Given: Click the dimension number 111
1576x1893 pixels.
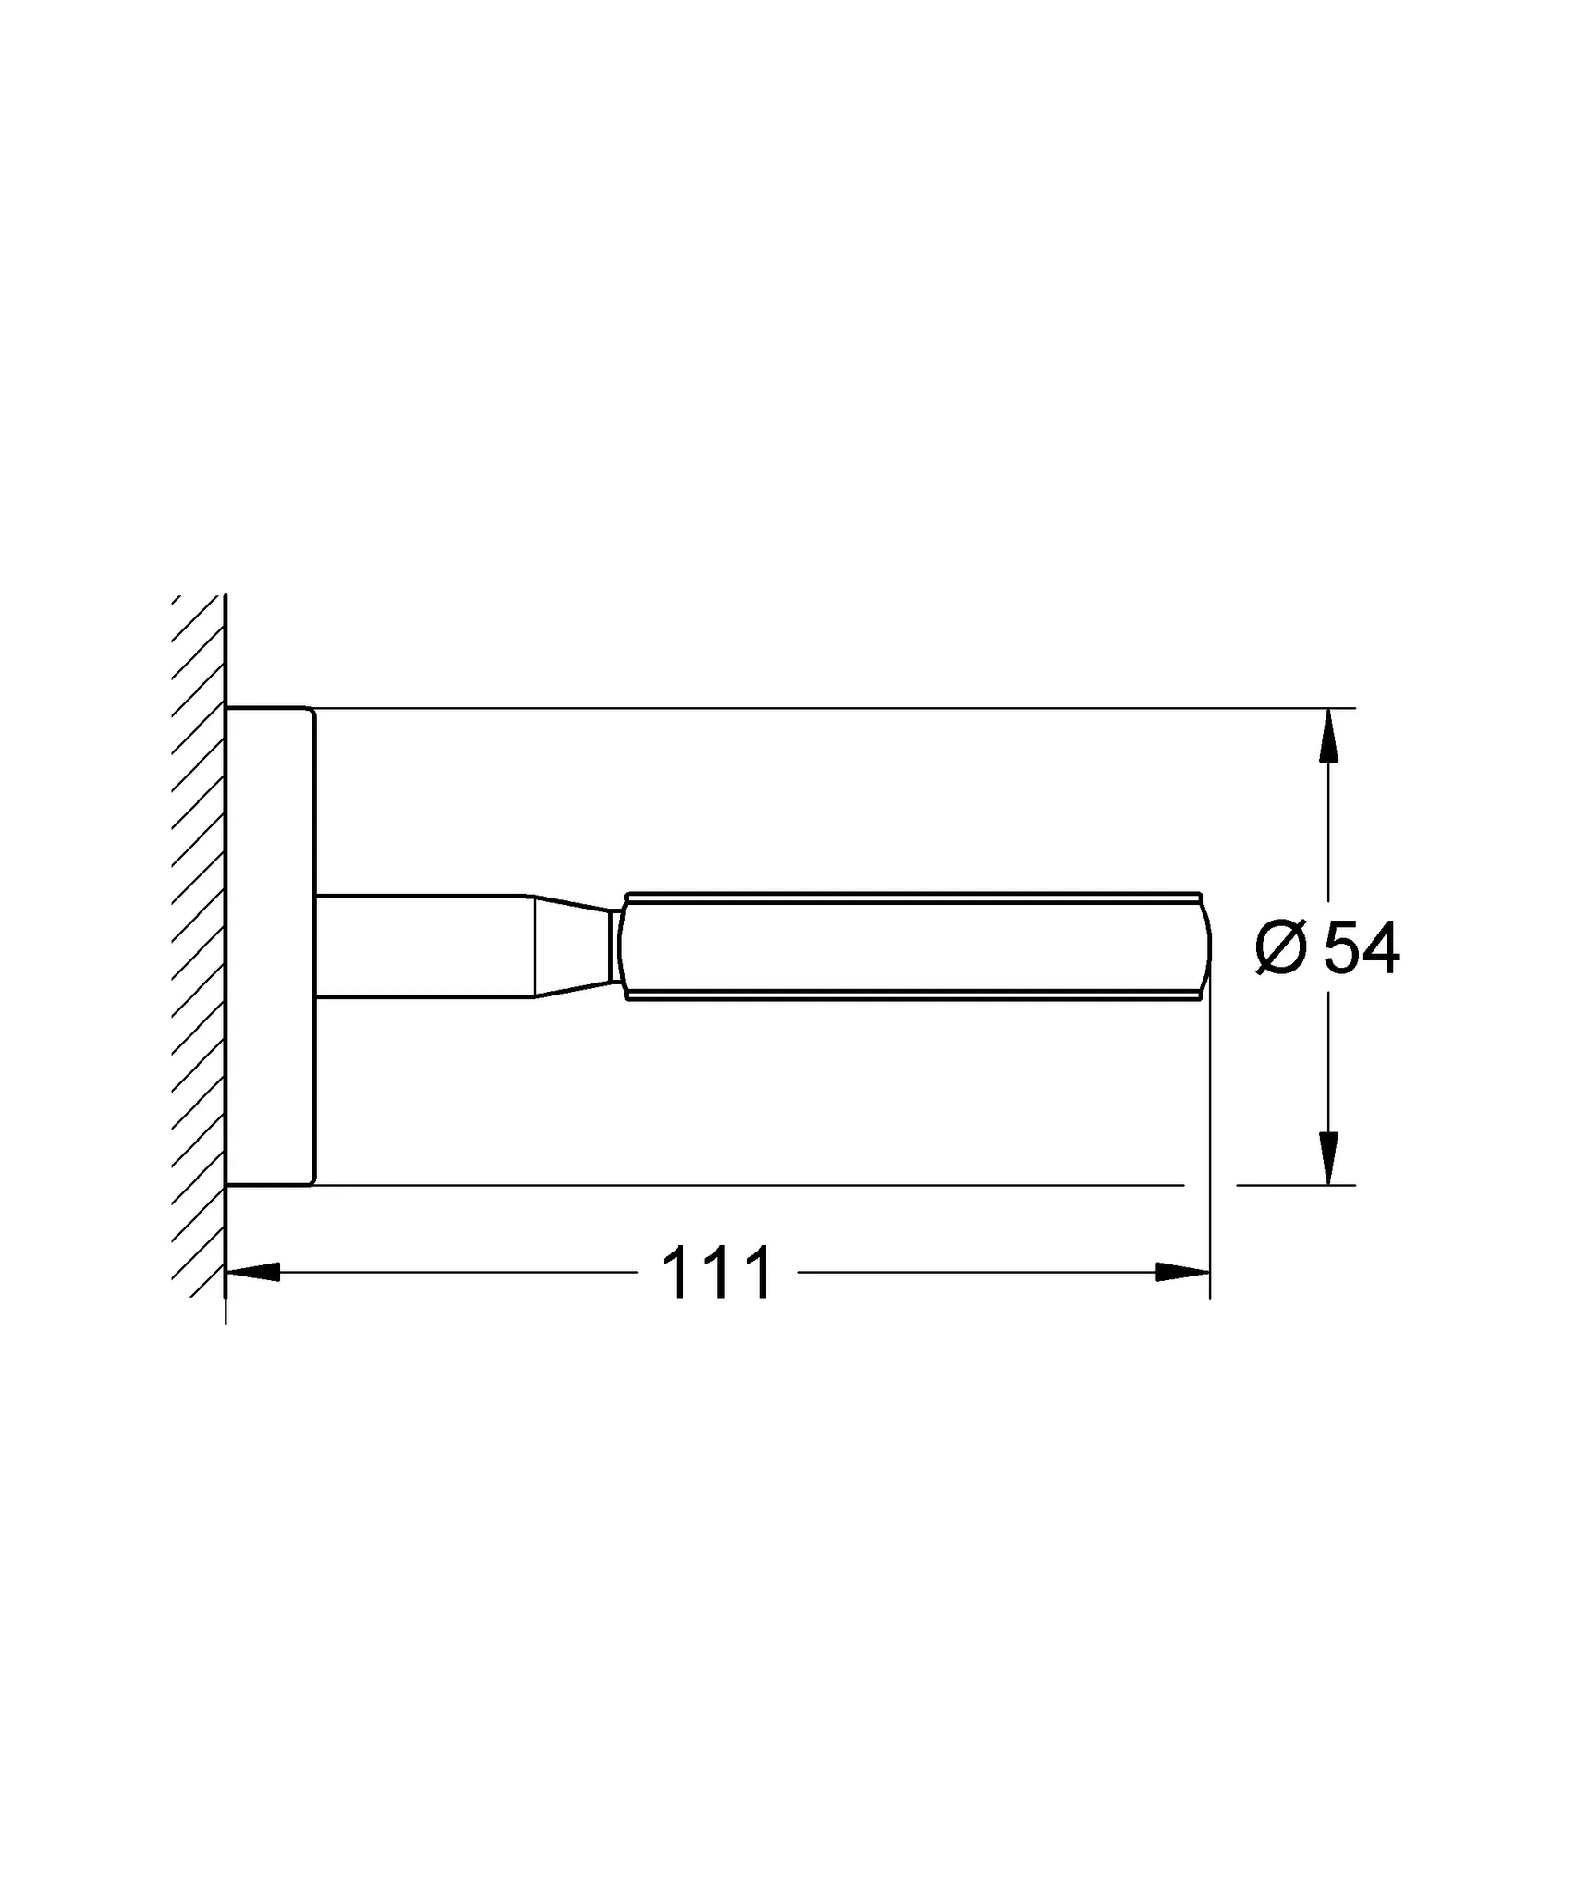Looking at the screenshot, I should point(716,1274).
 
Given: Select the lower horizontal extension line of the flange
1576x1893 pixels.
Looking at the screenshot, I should point(739,1184).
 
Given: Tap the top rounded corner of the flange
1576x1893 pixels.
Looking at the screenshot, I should point(312,713).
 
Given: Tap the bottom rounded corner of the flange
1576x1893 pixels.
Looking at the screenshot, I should point(312,1180).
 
